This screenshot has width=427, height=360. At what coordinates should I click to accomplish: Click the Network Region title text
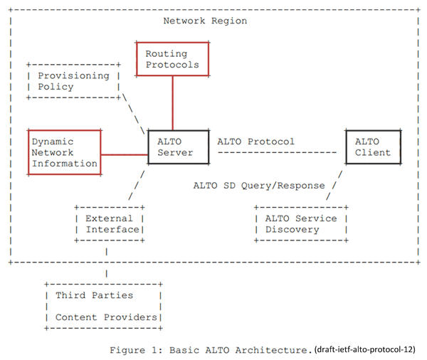tap(205, 21)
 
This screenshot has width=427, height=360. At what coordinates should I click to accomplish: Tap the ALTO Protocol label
tap(255, 142)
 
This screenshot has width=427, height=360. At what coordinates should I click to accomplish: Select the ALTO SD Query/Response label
tap(259, 186)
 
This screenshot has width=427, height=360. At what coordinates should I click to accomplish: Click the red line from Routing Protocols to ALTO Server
tap(172, 103)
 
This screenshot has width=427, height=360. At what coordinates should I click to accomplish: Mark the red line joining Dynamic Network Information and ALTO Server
tap(125, 154)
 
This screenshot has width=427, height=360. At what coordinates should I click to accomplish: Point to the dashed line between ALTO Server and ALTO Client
tap(278, 152)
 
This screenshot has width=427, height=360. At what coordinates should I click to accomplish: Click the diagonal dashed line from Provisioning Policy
tap(134, 114)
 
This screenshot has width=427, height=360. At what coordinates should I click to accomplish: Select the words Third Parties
tap(94, 295)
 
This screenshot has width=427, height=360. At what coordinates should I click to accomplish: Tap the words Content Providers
tap(106, 317)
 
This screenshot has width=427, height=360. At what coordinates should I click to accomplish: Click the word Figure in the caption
tap(127, 350)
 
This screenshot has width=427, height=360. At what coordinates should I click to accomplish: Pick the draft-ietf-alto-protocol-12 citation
tap(365, 349)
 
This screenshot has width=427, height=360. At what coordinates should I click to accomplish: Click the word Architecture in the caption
tap(271, 350)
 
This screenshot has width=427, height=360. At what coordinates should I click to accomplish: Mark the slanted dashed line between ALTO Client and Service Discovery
tap(334, 186)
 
